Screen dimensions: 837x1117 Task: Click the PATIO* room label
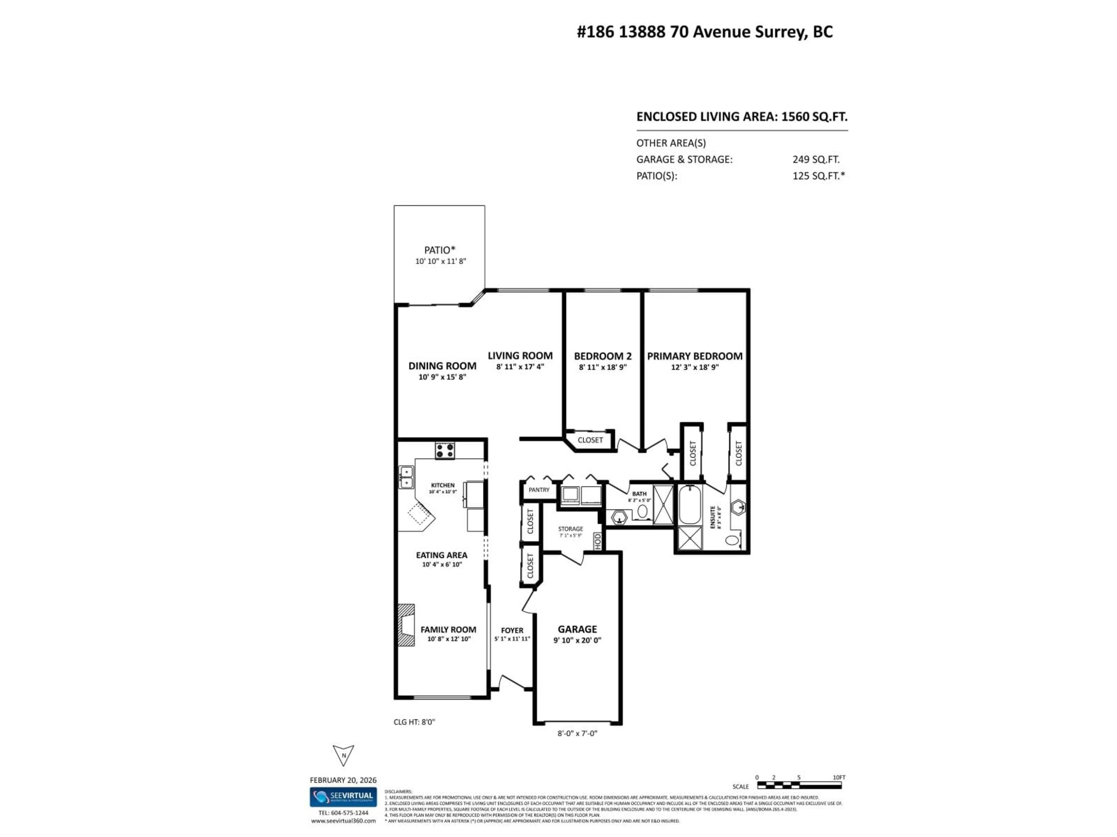439,250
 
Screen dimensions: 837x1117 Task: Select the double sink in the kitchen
406,477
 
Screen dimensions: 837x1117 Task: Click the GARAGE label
577,629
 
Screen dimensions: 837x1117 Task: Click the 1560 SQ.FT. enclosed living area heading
741,117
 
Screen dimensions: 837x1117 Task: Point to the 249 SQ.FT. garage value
816,160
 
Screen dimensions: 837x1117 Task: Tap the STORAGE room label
570,529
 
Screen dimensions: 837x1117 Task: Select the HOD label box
598,541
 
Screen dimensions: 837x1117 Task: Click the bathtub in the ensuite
689,505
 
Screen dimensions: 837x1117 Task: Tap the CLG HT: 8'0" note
414,722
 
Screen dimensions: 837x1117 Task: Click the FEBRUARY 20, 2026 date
343,780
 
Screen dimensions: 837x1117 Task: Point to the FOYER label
512,630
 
